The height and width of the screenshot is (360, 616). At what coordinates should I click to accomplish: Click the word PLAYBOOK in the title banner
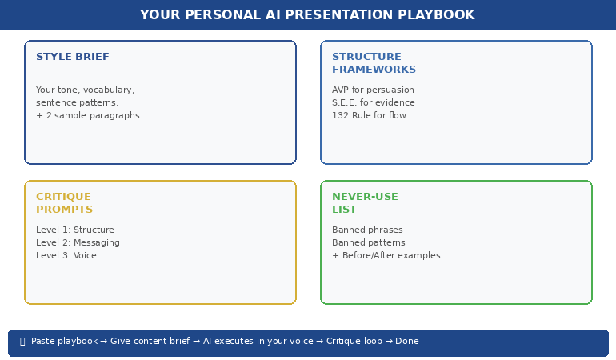tap(438, 14)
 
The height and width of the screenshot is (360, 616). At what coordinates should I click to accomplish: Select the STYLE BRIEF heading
tap(73, 57)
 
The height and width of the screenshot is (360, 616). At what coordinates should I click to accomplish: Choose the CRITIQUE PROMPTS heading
tap(64, 203)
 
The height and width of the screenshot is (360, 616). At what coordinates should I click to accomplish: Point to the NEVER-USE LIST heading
tap(365, 203)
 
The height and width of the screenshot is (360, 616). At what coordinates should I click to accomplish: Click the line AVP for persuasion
tap(373, 90)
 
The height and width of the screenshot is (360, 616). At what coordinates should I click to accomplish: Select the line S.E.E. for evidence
tap(373, 102)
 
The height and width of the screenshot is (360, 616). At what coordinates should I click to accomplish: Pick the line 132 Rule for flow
tap(369, 115)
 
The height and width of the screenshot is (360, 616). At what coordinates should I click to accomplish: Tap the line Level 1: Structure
tap(75, 230)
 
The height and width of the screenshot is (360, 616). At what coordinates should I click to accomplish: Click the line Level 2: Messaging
tap(78, 242)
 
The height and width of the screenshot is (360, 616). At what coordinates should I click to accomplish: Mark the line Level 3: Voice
tap(66, 255)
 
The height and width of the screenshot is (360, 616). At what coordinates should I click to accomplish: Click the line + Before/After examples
tap(386, 255)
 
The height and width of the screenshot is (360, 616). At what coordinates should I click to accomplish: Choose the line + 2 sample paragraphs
tap(88, 115)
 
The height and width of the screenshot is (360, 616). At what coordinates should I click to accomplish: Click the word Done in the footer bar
tap(406, 341)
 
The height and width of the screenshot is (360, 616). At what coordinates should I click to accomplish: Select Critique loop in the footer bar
tap(351, 341)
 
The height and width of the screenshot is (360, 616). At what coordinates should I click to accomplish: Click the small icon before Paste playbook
tap(22, 341)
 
